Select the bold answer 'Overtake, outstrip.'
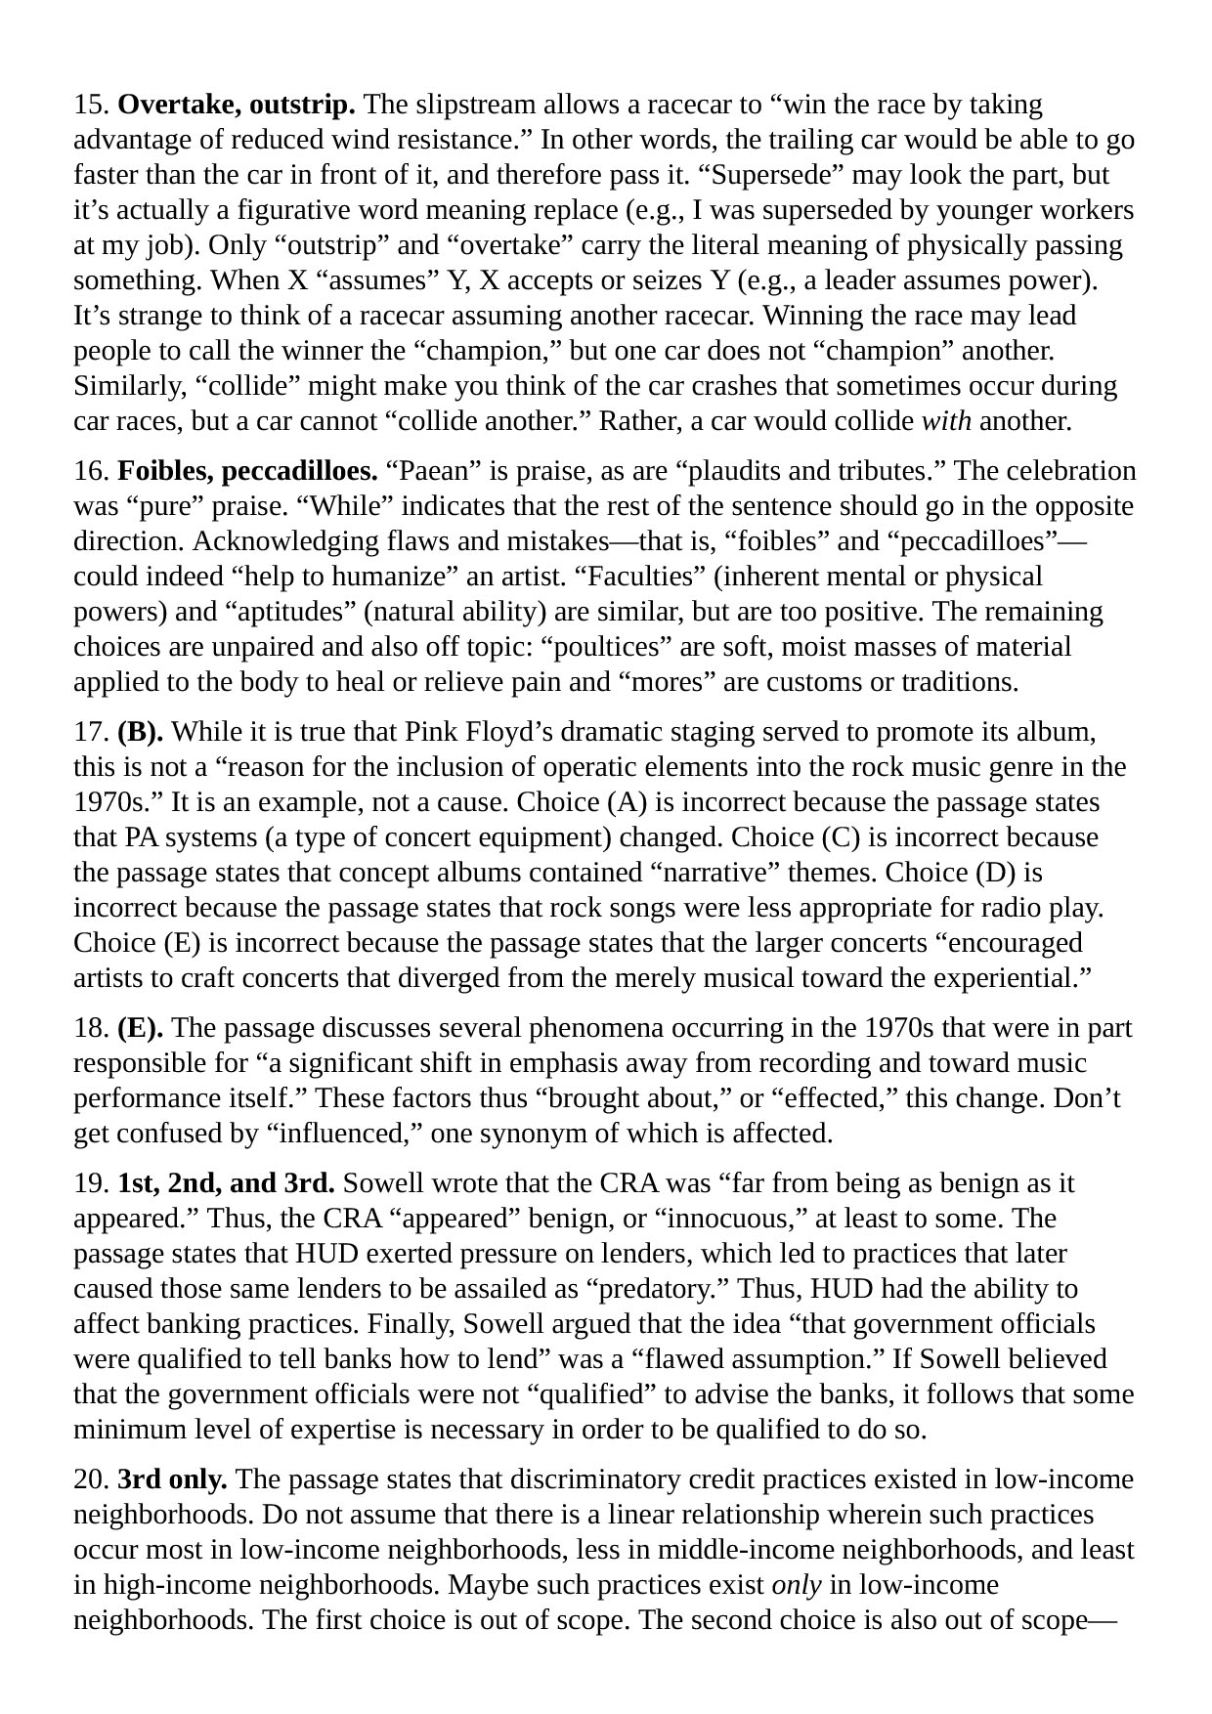(x=237, y=105)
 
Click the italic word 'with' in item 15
(x=946, y=421)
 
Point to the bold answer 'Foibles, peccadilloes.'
(x=247, y=471)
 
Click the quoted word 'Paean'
(x=428, y=471)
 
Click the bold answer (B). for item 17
(x=141, y=732)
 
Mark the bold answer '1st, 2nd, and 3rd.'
(x=226, y=1183)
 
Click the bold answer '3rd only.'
(x=172, y=1479)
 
